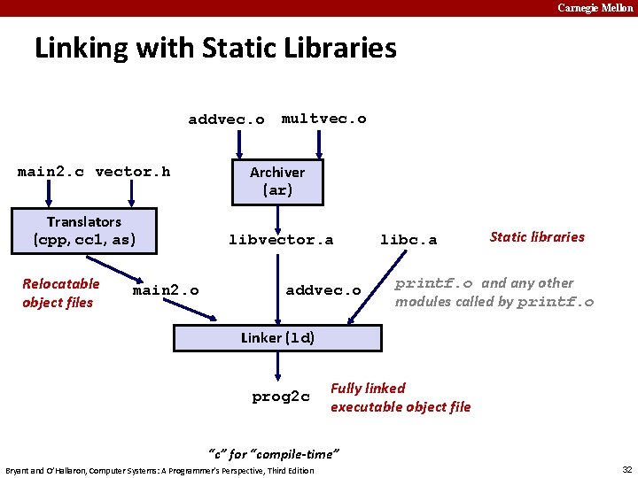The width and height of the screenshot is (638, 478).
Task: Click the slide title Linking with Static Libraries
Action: point(215,48)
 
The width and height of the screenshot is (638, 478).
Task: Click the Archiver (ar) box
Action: point(277,181)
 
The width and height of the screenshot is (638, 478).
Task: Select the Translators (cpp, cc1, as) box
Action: point(84,230)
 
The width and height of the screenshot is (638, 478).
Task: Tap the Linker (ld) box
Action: point(278,337)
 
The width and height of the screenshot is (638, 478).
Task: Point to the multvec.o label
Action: point(323,119)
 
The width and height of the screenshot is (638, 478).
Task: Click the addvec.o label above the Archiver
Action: point(226,119)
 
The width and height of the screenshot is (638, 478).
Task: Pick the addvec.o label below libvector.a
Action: point(323,291)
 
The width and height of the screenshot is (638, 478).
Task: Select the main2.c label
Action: point(51,172)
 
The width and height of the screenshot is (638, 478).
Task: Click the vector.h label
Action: point(133,172)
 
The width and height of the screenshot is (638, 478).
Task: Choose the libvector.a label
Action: point(281,240)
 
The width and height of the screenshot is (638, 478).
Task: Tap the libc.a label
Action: point(408,240)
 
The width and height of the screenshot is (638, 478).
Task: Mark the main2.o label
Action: point(166,291)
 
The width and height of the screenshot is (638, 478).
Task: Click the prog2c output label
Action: point(281,397)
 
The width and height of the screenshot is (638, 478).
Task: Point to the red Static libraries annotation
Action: point(537,236)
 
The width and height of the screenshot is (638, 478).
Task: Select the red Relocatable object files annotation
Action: point(60,293)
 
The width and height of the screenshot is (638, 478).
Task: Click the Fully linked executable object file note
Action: point(401,397)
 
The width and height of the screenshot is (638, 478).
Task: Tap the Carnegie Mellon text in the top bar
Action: point(595,8)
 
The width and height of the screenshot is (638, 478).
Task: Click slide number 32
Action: point(626,469)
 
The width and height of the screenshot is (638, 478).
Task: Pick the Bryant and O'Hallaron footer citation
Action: point(159,470)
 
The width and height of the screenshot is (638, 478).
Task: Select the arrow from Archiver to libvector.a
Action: point(277,217)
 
